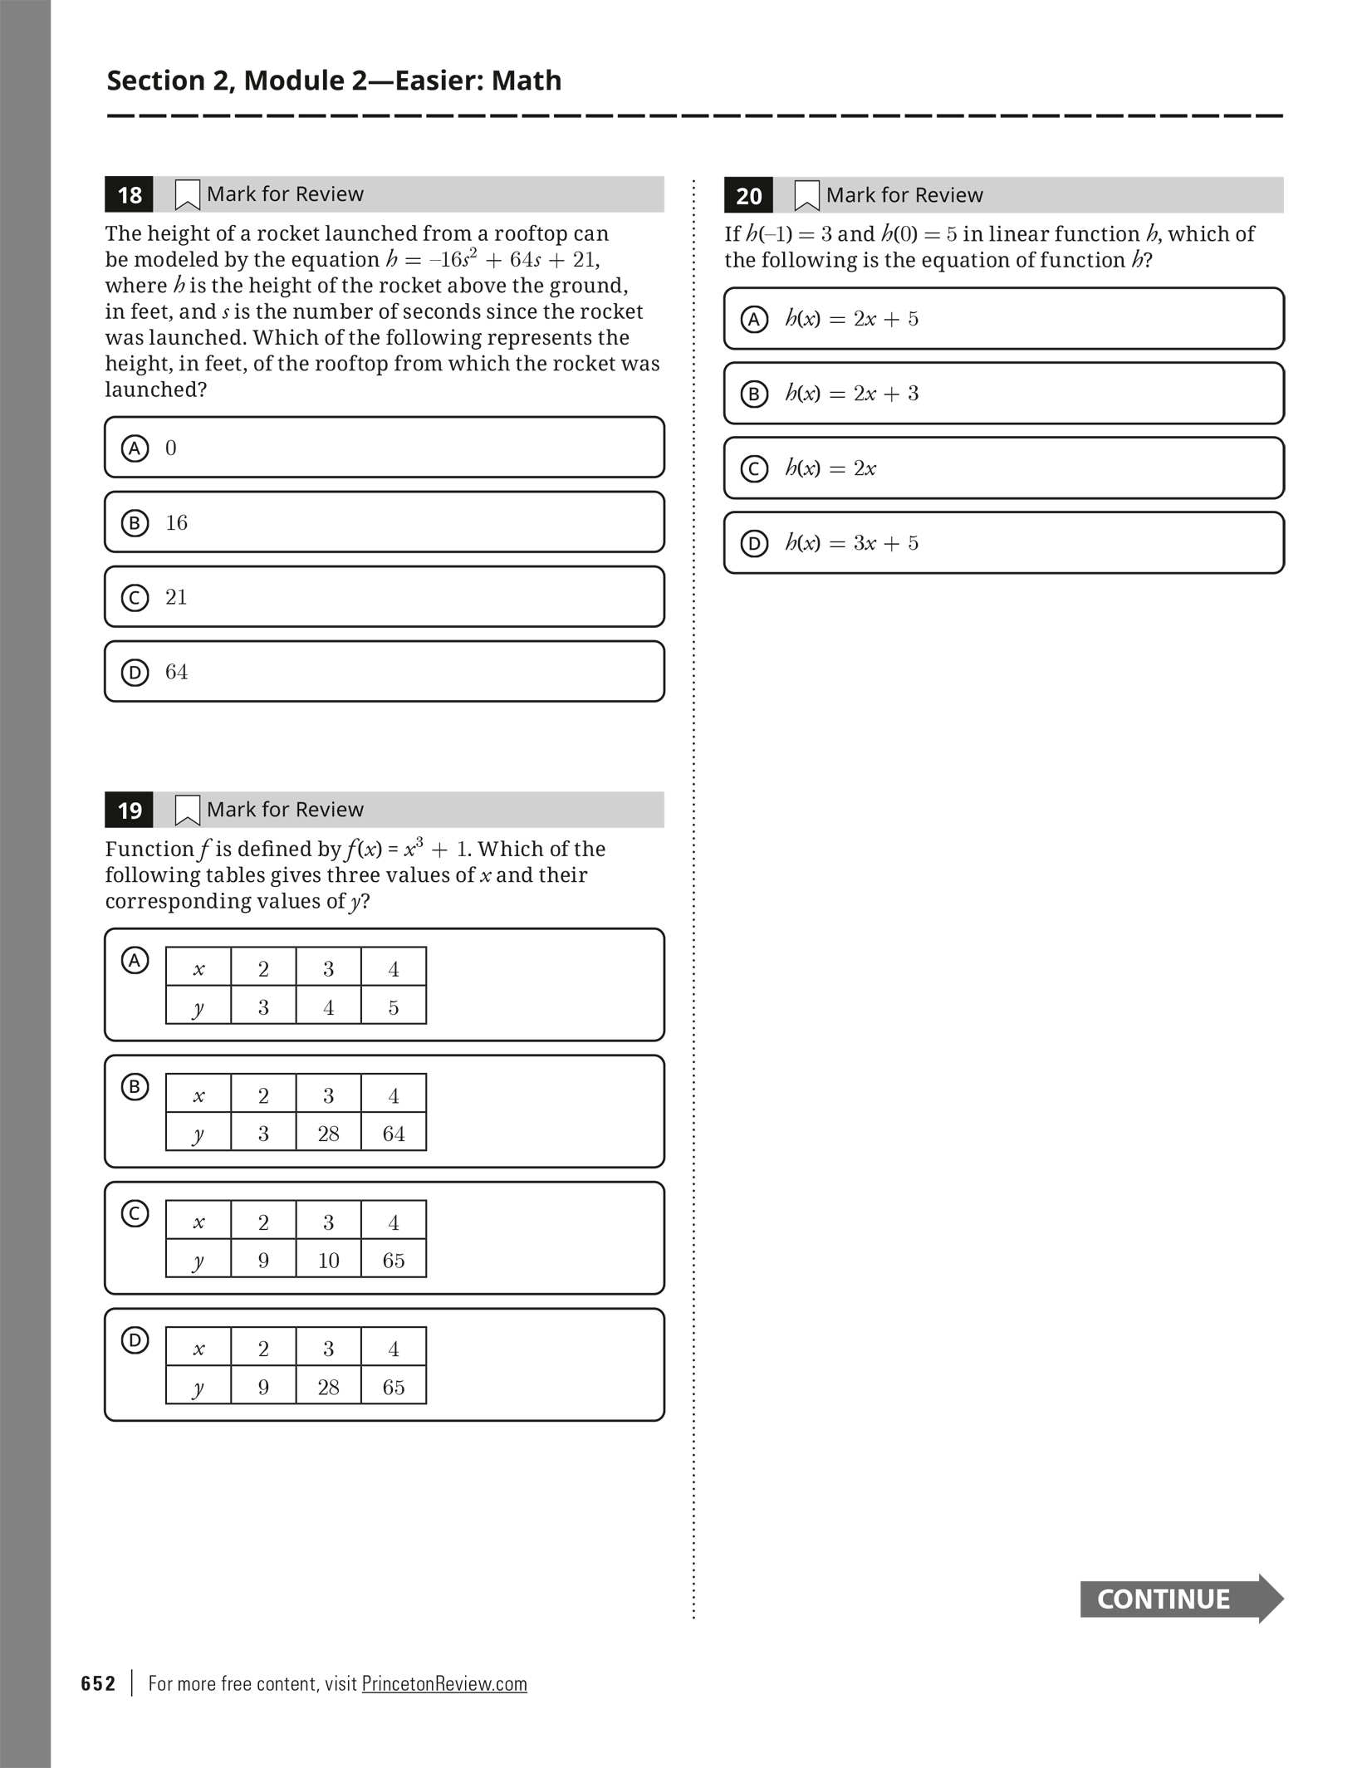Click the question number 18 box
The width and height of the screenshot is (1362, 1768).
(x=130, y=195)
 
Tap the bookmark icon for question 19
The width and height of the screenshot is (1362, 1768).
(x=187, y=811)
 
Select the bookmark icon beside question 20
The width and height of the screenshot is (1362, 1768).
(x=806, y=196)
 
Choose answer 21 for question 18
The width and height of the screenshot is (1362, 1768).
(x=384, y=597)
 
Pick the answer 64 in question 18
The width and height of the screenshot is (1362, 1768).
(x=384, y=672)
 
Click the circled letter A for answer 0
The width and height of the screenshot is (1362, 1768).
(x=135, y=448)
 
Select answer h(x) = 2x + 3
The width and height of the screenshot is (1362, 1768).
(x=1003, y=394)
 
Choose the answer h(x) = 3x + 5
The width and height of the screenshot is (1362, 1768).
(x=1003, y=543)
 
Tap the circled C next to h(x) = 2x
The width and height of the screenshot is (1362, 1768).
(x=754, y=469)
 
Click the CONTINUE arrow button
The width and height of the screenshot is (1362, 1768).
(x=1180, y=1599)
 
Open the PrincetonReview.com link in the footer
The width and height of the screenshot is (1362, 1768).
(x=444, y=1683)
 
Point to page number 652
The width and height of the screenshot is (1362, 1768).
(x=98, y=1683)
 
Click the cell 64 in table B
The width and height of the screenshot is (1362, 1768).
(x=394, y=1134)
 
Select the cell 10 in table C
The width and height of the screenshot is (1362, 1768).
(x=329, y=1261)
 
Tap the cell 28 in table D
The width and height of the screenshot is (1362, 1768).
(x=329, y=1387)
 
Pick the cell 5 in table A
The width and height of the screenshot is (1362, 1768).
(x=394, y=1007)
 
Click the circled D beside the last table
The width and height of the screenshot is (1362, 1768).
(x=135, y=1340)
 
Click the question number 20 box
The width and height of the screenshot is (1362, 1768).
(x=748, y=196)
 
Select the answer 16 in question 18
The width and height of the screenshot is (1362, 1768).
(x=384, y=522)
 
